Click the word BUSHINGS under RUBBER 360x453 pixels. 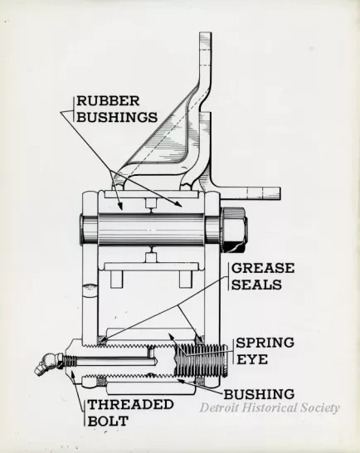[117, 117]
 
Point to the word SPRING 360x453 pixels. [264, 341]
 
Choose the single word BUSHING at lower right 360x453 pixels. [258, 393]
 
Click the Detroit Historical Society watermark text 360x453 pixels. [270, 407]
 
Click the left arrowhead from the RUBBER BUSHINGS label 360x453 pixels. [122, 207]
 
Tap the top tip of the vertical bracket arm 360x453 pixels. [207, 35]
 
